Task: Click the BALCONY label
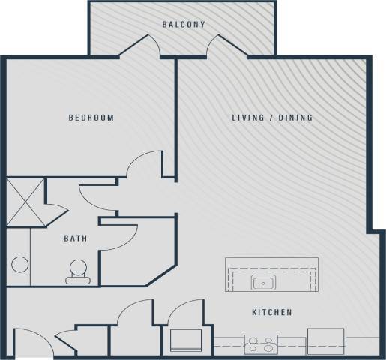tap(183, 25)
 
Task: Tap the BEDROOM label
tap(91, 118)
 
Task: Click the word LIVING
tap(247, 118)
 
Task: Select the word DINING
tap(295, 118)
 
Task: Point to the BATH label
tap(75, 238)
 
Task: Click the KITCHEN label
tap(271, 312)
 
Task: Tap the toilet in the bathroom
tap(78, 271)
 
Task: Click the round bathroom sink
tap(20, 265)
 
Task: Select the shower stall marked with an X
tap(25, 200)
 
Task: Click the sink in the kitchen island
tap(264, 283)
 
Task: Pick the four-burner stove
tap(261, 344)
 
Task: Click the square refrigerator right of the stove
tap(325, 340)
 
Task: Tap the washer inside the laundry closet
tap(185, 340)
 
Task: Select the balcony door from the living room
tap(224, 45)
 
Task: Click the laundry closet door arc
tap(184, 311)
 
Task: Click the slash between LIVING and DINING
tap(271, 118)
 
